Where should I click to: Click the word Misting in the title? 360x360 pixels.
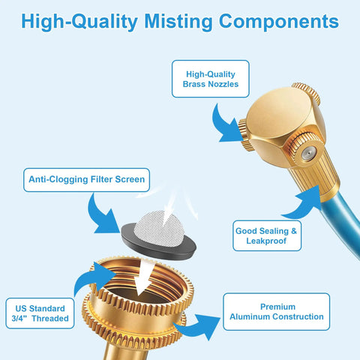pos(178,22)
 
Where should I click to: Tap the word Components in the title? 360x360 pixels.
pos(279,21)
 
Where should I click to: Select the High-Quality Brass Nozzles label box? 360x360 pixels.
pos(211,79)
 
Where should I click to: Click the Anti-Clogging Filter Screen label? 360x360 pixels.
pos(86,180)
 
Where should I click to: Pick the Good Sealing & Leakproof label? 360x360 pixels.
pos(267,235)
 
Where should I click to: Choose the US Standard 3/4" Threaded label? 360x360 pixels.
pos(40,313)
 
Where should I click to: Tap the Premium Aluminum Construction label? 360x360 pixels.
pos(277,312)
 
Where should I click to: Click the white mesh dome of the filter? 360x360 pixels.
pos(159,228)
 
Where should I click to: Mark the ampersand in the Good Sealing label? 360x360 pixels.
pos(294,231)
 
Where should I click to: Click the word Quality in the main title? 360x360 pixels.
pos(105,22)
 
